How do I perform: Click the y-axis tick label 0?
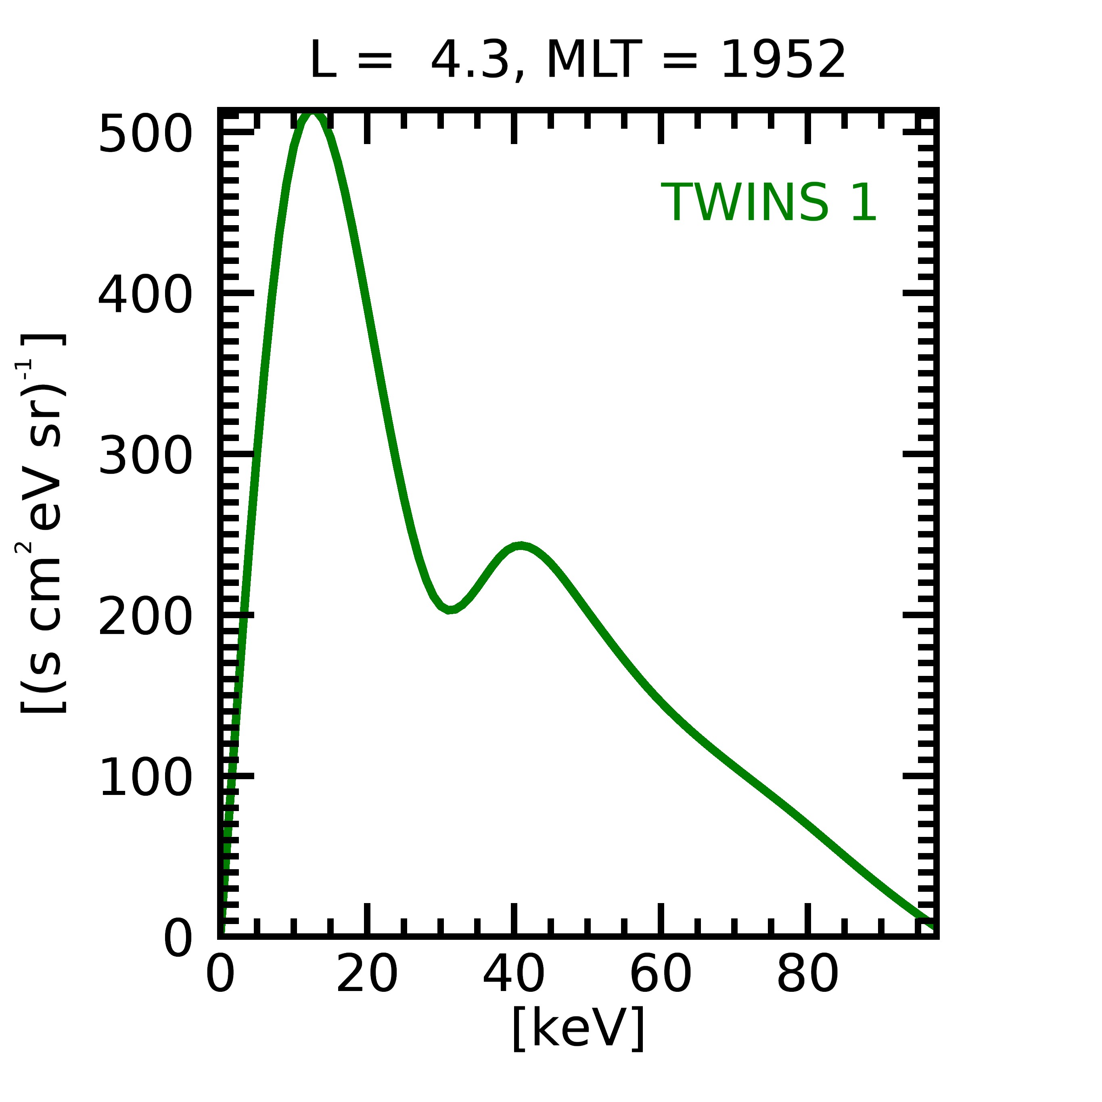click(178, 939)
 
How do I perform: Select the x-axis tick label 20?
click(367, 977)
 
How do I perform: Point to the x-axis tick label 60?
click(661, 977)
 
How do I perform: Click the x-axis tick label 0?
click(220, 977)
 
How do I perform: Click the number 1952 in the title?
click(783, 61)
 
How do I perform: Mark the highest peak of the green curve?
click(313, 116)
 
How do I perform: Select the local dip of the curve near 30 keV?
click(450, 610)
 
